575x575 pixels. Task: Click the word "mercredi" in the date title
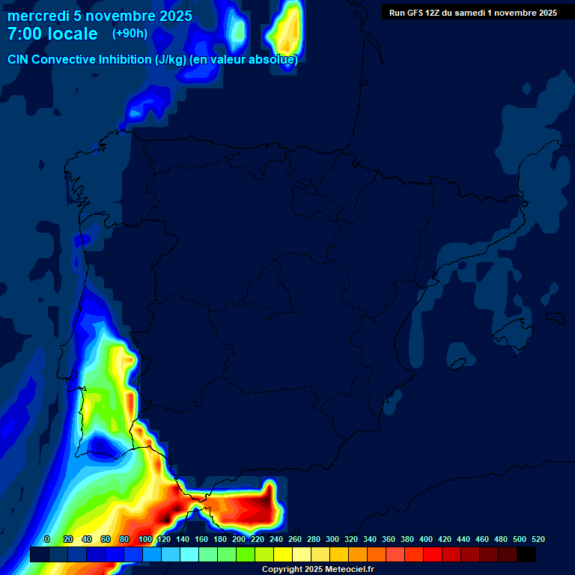click(38, 16)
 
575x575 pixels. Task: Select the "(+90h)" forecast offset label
click(130, 33)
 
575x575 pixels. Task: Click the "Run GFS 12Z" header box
click(472, 12)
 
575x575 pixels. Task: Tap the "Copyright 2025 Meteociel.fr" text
click(317, 569)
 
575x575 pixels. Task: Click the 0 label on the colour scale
click(47, 539)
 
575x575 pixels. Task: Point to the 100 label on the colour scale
click(145, 539)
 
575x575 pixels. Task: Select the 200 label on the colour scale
click(239, 539)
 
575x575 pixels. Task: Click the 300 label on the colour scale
click(332, 539)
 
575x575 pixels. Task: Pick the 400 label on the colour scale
click(426, 539)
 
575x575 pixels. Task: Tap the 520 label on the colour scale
click(538, 539)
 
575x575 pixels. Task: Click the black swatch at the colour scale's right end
click(526, 554)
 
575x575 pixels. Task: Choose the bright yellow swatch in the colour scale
click(282, 554)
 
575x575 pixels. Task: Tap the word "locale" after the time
click(74, 34)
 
